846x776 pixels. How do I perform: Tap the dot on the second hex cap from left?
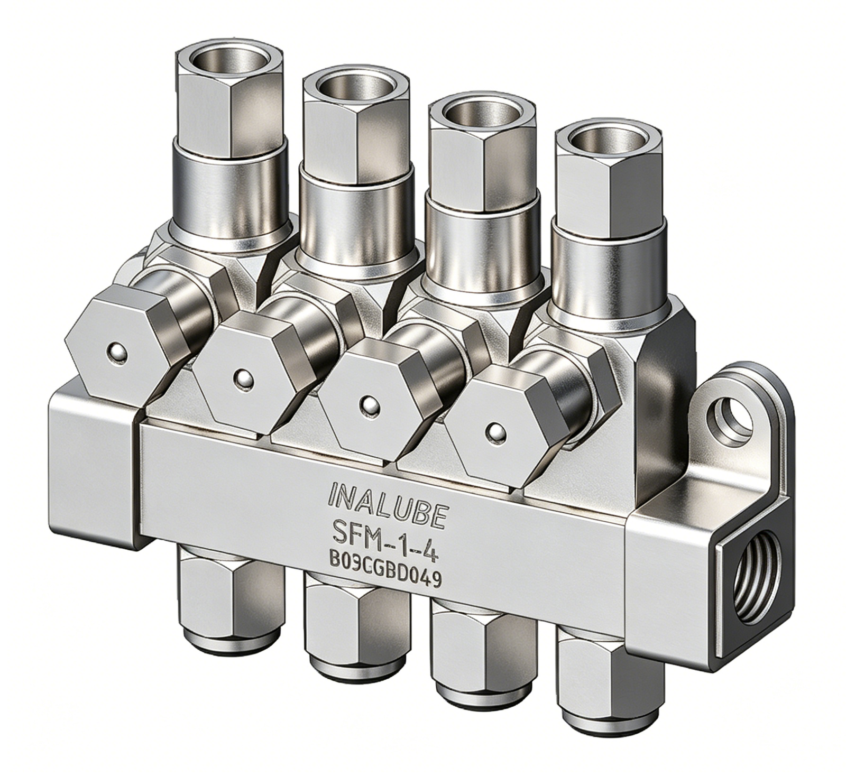click(x=243, y=378)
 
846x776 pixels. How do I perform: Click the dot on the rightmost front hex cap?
click(x=496, y=432)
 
